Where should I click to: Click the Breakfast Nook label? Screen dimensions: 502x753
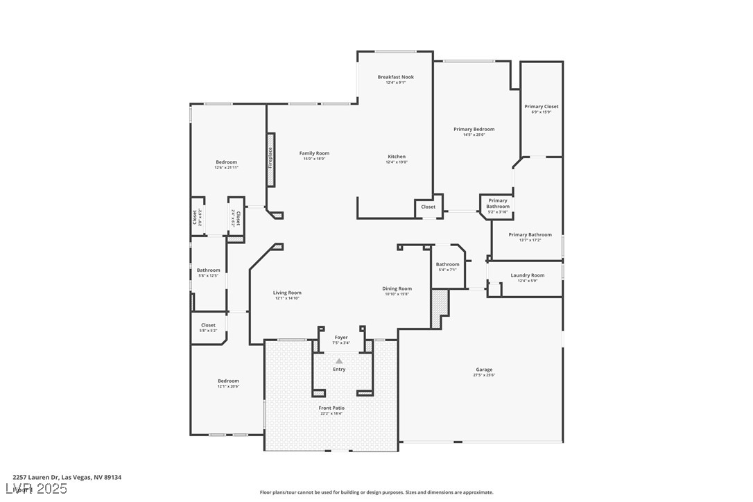[x=395, y=77]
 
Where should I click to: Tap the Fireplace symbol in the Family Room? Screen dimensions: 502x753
[x=270, y=157]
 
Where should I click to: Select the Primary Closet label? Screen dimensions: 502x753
[x=541, y=107]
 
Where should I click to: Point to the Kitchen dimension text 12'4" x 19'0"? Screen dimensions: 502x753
[x=397, y=162]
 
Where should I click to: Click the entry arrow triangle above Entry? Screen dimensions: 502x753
[x=339, y=361]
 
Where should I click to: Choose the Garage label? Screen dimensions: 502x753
[x=484, y=370]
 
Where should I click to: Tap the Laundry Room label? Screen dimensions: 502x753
[x=527, y=275]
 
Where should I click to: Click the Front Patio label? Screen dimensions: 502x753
[x=331, y=408]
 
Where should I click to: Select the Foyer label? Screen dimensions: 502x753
[x=341, y=338]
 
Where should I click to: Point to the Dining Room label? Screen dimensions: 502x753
[x=397, y=288]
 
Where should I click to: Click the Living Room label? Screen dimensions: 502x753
[x=287, y=293]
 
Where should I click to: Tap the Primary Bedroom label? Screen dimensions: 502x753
[x=474, y=129]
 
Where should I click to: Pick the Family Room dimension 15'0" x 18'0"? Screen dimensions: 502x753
[x=314, y=159]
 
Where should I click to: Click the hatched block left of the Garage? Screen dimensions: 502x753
[x=440, y=309]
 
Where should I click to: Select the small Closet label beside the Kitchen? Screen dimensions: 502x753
[x=429, y=207]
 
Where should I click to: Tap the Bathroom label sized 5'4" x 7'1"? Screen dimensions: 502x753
[x=447, y=264]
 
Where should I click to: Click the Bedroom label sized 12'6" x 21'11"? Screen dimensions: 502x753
[x=226, y=162]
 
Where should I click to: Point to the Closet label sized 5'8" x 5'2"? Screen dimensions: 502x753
[x=208, y=325]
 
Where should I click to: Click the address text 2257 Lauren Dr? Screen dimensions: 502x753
[x=36, y=477]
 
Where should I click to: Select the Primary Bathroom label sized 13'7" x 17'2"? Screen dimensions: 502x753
[x=530, y=234]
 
